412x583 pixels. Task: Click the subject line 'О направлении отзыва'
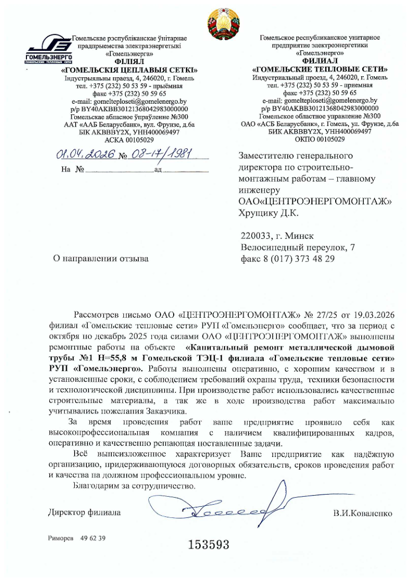(x=98, y=258)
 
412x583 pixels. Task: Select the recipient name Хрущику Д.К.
(x=269, y=213)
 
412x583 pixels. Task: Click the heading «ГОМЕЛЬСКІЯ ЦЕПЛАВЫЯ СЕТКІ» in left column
(x=129, y=70)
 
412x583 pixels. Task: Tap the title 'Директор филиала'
(x=84, y=513)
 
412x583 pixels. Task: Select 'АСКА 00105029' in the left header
(x=129, y=140)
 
